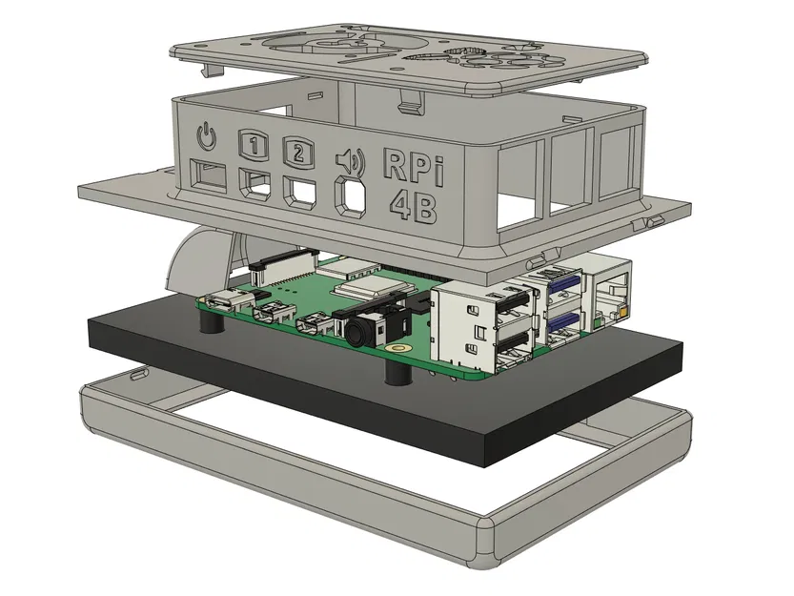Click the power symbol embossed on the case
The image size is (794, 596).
[x=206, y=138]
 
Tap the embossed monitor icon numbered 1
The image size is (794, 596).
[x=252, y=144]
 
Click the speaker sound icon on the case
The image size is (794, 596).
[x=350, y=160]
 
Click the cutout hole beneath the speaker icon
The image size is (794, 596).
[x=352, y=195]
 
